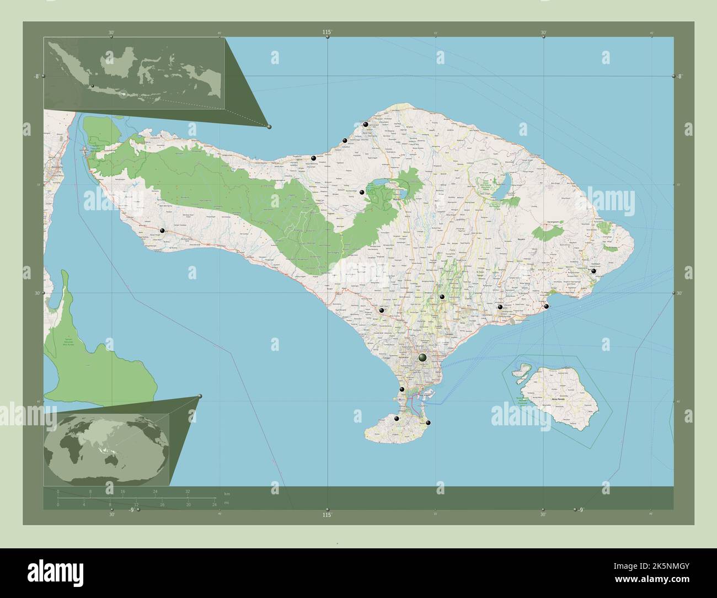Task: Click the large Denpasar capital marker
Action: [422, 358]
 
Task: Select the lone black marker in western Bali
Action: [162, 231]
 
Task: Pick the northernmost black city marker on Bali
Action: [365, 125]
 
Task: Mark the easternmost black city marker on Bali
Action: [593, 271]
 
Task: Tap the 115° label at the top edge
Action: [327, 33]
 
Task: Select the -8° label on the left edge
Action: [35, 76]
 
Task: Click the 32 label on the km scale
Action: [188, 491]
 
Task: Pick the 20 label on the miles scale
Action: [188, 504]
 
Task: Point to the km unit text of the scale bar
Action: [227, 493]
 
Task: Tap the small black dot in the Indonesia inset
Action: [93, 86]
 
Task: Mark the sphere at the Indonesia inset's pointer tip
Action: [269, 127]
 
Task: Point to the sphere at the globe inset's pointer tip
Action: [200, 396]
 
